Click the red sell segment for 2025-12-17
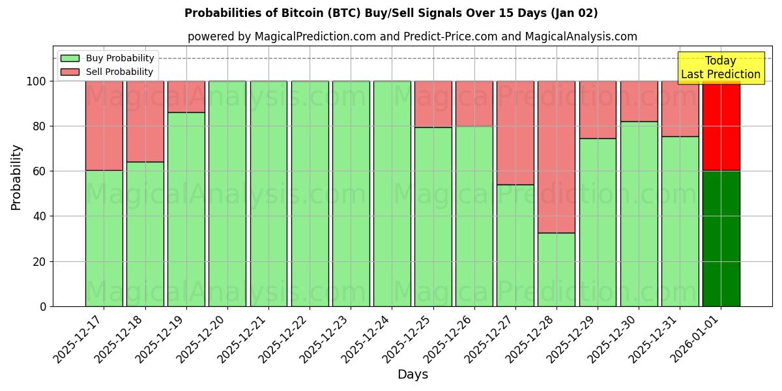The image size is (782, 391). click(x=104, y=125)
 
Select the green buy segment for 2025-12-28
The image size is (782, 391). click(x=557, y=269)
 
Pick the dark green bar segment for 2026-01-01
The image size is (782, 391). click(x=721, y=239)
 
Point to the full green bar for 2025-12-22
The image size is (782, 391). click(x=310, y=194)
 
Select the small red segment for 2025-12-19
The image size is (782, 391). click(x=186, y=96)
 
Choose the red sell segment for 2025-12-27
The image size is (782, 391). click(x=515, y=133)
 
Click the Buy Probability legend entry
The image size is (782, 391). click(x=108, y=58)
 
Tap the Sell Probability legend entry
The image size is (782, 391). click(x=108, y=72)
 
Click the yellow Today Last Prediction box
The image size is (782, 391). click(x=721, y=68)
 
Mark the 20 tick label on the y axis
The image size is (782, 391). click(x=40, y=262)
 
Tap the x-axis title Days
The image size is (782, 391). click(x=413, y=375)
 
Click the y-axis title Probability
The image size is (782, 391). click(x=16, y=177)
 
